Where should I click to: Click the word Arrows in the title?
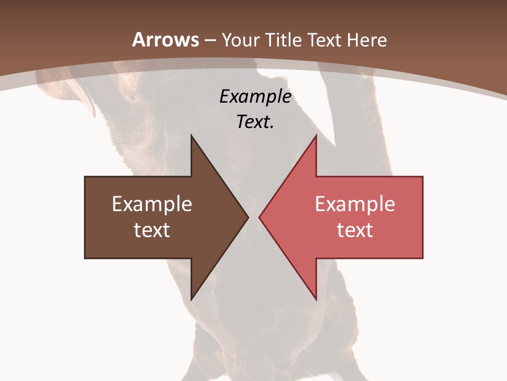coord(165,40)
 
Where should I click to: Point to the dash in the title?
coord(210,41)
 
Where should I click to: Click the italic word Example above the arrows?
coord(255,96)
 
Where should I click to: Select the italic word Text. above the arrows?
coord(255,122)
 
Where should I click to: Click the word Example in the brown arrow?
coord(152,204)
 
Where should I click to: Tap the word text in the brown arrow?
coord(152,230)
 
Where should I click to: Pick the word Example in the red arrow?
coord(355,204)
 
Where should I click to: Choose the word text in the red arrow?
coord(355,230)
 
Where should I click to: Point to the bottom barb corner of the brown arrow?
coord(191,299)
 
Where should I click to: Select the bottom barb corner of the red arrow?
coord(316,299)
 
